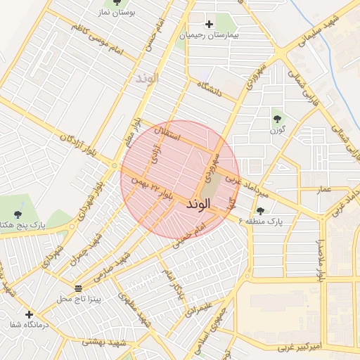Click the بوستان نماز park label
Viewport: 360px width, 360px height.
click(x=137, y=13)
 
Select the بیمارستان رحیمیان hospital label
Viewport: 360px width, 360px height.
click(x=210, y=34)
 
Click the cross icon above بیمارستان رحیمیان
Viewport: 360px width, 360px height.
click(x=210, y=23)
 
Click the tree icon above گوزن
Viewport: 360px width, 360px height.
click(x=277, y=119)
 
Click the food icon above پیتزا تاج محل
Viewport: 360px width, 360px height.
click(x=77, y=289)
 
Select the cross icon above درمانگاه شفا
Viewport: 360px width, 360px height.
click(x=29, y=314)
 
